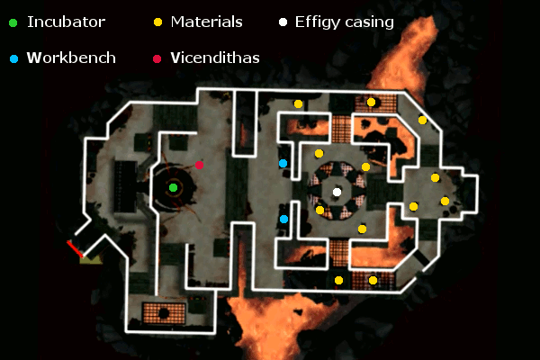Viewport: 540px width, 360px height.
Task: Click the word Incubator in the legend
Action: pos(66,22)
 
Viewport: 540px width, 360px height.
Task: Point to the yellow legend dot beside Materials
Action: pos(158,22)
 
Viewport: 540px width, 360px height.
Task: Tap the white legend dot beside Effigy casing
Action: pos(283,22)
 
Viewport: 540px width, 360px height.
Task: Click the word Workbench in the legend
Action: pos(71,58)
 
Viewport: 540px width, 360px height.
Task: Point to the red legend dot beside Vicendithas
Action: pos(158,58)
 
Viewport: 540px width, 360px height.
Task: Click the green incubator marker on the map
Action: pos(174,187)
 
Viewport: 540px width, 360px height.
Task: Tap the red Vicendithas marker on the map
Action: pos(200,165)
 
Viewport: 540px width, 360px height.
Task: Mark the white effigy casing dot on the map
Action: pos(337,192)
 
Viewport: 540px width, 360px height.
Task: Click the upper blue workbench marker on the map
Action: pos(283,163)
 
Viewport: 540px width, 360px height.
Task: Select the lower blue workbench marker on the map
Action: pos(283,219)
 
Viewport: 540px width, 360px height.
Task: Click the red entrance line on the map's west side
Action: pos(75,249)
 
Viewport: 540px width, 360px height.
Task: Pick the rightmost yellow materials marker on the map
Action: pos(445,201)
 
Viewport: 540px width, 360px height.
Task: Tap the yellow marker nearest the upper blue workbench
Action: pos(319,154)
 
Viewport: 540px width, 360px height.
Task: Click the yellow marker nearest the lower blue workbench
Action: pos(319,210)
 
